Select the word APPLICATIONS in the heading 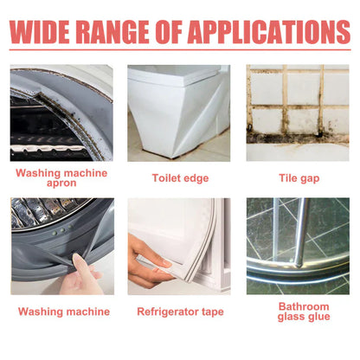[x=270, y=32]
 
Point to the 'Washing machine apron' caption [x=61, y=177]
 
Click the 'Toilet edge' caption [x=180, y=178]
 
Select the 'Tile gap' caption [x=299, y=178]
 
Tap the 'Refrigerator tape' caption [x=180, y=312]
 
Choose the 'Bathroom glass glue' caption [x=304, y=312]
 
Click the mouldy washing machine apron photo [x=61, y=112]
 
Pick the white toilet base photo [x=179, y=112]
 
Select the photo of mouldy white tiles [x=298, y=112]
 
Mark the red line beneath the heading [x=180, y=50]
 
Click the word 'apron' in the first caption [x=61, y=183]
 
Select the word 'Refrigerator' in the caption [x=168, y=312]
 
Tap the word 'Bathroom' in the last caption [x=304, y=306]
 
